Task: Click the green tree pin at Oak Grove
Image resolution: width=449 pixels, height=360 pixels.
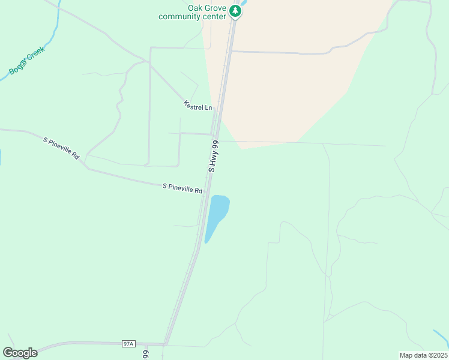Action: click(236, 11)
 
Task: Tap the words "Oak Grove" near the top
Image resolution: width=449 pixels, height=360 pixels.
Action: click(206, 8)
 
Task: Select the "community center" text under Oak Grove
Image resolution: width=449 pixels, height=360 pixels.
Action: click(192, 16)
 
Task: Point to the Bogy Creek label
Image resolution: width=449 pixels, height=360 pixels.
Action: click(27, 62)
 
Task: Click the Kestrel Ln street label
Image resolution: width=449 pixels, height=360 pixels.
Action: click(198, 106)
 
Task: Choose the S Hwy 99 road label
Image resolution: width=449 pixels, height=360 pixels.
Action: click(214, 157)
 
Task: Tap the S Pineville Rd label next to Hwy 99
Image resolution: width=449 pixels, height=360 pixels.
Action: click(182, 188)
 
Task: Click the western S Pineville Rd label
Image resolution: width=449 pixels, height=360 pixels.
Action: click(61, 148)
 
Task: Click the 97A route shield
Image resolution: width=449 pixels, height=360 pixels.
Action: click(128, 344)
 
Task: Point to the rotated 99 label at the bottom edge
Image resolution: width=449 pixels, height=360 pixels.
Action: click(146, 354)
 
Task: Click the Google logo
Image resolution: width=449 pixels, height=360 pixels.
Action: click(20, 353)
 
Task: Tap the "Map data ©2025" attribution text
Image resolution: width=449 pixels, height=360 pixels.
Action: click(423, 355)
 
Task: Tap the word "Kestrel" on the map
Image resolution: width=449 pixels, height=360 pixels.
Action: click(194, 106)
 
